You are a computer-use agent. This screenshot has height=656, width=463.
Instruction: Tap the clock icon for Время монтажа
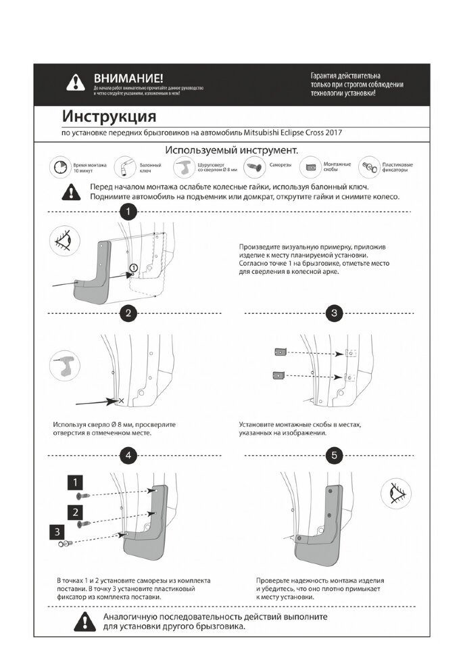click(59, 166)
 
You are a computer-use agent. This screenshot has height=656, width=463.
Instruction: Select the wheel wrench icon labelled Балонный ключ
click(124, 166)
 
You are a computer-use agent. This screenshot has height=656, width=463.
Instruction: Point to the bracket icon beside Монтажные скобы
click(312, 166)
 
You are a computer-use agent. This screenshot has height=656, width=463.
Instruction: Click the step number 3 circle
click(334, 313)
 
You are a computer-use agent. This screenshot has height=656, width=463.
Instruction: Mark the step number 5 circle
click(334, 455)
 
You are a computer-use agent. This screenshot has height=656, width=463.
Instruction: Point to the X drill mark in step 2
click(121, 401)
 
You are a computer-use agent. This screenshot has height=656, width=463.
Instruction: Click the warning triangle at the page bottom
click(82, 622)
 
